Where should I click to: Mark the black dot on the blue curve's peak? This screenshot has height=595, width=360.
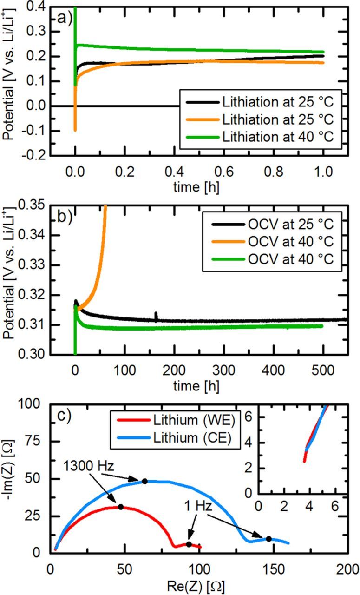click(x=144, y=481)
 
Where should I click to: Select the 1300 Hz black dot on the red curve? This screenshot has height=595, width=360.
click(x=121, y=507)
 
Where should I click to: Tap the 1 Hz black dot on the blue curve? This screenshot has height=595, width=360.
click(x=269, y=539)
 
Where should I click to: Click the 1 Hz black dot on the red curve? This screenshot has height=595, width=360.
click(x=189, y=544)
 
